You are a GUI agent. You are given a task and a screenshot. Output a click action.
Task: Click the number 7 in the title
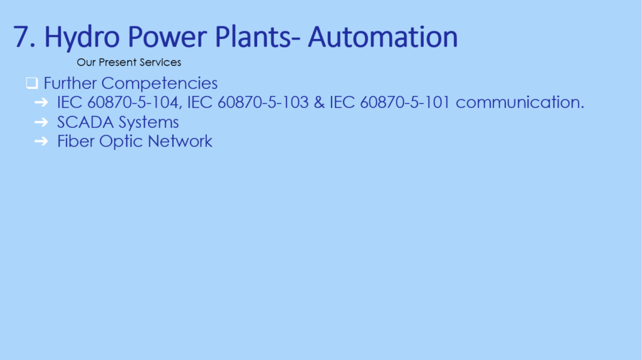click(21, 37)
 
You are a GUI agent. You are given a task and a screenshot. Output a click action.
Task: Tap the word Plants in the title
click(253, 37)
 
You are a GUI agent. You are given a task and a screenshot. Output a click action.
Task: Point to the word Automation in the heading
click(383, 37)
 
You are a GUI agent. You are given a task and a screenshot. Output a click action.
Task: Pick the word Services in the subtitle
click(160, 62)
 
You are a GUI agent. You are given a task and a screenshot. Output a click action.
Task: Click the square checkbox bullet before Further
click(32, 83)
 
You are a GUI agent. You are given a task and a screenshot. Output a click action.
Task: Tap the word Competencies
click(159, 84)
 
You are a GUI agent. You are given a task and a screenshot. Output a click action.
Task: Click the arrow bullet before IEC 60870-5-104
click(41, 102)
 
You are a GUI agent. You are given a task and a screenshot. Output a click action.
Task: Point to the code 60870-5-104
click(134, 102)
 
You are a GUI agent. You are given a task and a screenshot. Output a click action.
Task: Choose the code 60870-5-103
click(263, 102)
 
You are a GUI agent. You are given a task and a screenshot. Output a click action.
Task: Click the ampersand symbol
click(319, 102)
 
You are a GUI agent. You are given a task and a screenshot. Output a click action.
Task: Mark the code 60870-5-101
click(405, 102)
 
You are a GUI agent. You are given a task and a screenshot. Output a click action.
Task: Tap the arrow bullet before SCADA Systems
click(41, 122)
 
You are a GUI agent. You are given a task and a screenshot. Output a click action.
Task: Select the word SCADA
click(85, 122)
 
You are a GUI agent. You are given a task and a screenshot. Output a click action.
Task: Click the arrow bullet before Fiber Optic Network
click(41, 141)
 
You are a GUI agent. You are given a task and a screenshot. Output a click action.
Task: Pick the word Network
click(180, 141)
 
